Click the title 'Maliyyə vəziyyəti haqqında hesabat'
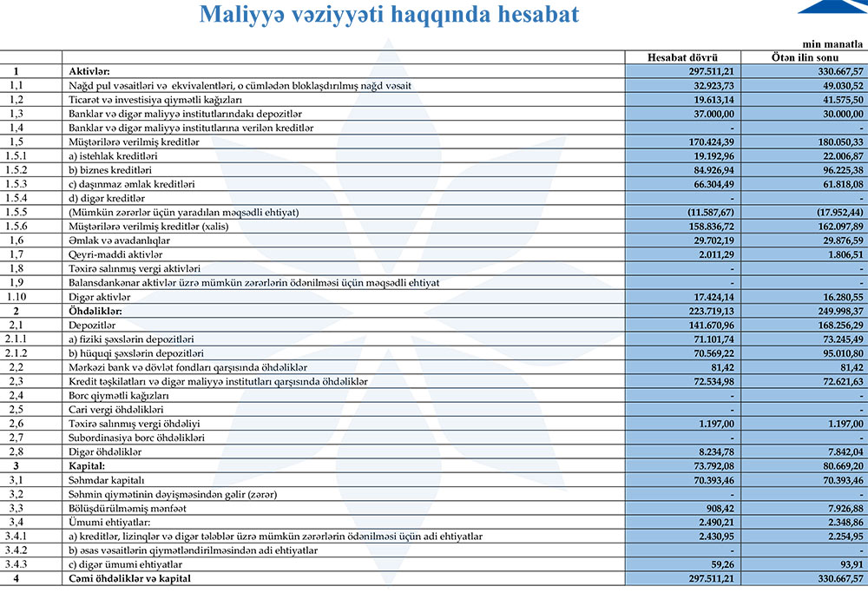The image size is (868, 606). (389, 15)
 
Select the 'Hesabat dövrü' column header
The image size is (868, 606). (682, 57)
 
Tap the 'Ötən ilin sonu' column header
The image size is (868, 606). (804, 57)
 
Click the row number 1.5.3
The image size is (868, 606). (16, 183)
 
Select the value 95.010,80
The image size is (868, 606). (838, 352)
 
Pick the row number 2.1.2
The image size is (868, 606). (16, 352)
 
